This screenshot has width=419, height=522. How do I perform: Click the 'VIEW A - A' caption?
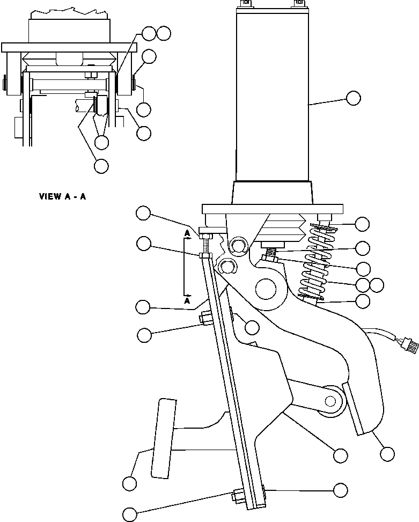click(62, 196)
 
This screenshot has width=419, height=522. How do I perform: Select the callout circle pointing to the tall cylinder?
click(353, 98)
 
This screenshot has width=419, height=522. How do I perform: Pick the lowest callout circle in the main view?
click(130, 513)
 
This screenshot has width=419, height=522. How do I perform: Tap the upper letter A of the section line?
click(187, 233)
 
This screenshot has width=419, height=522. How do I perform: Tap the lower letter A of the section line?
click(188, 302)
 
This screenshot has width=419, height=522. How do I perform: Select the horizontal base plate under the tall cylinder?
click(273, 209)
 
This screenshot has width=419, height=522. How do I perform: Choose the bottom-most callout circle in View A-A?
click(100, 166)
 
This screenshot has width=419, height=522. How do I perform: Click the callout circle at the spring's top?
click(363, 224)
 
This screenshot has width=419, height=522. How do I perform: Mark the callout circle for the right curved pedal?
click(386, 454)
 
